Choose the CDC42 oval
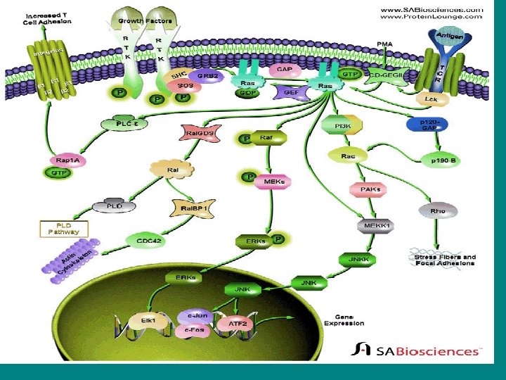[144, 241]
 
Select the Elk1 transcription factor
[148, 320]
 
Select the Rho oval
[438, 210]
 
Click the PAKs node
[364, 189]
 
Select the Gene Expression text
[344, 319]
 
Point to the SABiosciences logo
[417, 350]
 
